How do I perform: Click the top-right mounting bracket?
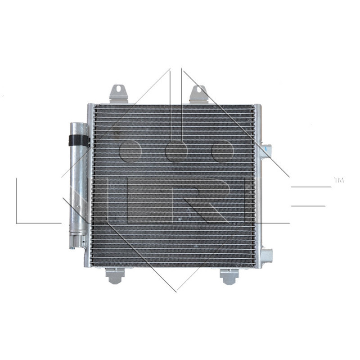click(198, 94)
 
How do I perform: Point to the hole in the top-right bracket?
click(198, 90)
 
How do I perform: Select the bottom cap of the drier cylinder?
click(77, 242)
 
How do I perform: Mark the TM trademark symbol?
click(338, 180)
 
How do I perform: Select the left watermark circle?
click(130, 151)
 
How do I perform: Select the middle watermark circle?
click(176, 151)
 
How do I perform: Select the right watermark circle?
click(222, 151)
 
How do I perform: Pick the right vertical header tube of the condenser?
click(257, 184)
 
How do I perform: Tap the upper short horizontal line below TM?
click(310, 187)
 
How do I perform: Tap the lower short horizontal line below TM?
click(308, 206)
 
